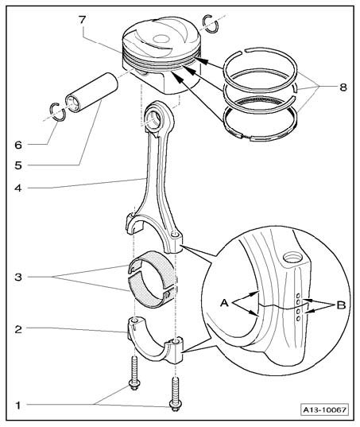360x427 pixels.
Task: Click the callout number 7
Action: [83, 20]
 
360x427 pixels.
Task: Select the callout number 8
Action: [343, 87]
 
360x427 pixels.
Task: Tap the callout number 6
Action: [18, 145]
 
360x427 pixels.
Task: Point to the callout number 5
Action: [18, 165]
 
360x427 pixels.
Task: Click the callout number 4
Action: [18, 188]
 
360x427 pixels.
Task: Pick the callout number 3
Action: [18, 278]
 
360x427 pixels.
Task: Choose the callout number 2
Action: [18, 329]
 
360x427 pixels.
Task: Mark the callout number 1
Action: [18, 406]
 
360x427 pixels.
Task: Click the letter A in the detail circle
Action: [224, 302]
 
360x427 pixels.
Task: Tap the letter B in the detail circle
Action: [341, 305]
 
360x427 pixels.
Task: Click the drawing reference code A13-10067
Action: [324, 410]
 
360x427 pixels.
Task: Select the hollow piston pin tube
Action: [91, 91]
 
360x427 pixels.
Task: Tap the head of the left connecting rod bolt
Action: [134, 386]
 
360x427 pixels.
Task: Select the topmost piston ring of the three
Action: [261, 70]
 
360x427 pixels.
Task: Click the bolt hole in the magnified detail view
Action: [292, 257]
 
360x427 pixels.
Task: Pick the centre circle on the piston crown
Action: [161, 39]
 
